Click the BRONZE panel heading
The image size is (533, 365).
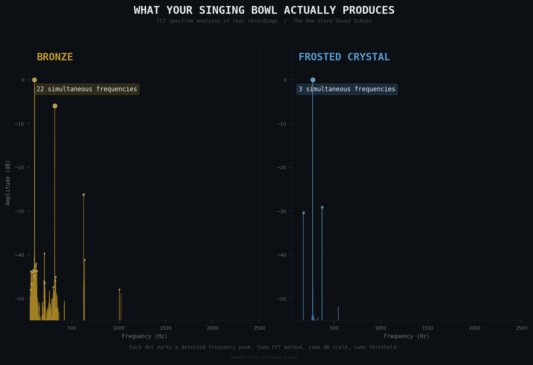[x=55, y=57]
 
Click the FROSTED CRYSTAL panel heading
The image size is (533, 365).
[x=344, y=57]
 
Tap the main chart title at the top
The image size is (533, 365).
[x=264, y=10]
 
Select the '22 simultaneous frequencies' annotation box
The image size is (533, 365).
[x=87, y=89]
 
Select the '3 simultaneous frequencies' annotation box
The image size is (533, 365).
[x=347, y=89]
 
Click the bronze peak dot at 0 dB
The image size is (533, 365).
[x=34, y=80]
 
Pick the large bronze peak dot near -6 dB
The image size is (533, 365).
[x=55, y=106]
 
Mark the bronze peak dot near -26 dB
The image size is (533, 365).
[x=83, y=194]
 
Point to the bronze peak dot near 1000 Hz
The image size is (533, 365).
[x=119, y=289]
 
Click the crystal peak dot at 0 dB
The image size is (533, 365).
[x=313, y=80]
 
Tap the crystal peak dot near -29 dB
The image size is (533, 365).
[x=322, y=207]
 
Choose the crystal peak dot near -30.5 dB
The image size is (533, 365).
[x=303, y=213]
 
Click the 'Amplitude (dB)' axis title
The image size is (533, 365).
[x=8, y=182]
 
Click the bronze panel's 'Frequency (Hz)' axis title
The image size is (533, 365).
[x=145, y=336]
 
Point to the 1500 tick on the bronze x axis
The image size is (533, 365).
[x=165, y=328]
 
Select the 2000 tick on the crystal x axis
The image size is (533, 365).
[x=474, y=328]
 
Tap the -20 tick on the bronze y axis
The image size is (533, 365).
[x=20, y=168]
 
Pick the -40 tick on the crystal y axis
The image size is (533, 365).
[x=283, y=255]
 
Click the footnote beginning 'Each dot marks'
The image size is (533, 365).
[x=264, y=347]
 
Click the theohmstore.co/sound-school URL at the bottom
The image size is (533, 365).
[x=264, y=358]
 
